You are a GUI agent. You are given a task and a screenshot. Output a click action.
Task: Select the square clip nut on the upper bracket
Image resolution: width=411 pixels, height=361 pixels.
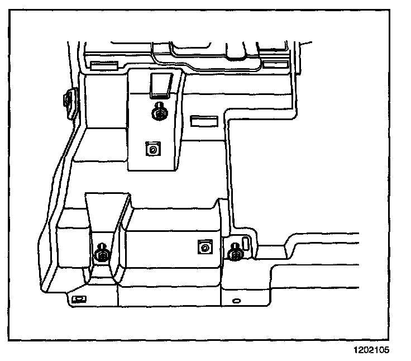pos(152,149)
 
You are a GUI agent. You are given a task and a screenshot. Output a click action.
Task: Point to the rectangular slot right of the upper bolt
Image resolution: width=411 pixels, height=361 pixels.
pos(203,121)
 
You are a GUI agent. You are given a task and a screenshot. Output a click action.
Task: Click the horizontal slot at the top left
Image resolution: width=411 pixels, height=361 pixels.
pos(103,66)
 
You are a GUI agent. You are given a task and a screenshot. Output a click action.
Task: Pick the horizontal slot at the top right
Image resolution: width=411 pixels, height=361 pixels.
pos(273,65)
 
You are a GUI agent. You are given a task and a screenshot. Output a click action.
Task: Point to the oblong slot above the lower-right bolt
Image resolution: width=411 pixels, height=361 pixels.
pos(245,244)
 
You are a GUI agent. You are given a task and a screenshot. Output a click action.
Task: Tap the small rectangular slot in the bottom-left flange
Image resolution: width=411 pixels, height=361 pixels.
pos(79,299)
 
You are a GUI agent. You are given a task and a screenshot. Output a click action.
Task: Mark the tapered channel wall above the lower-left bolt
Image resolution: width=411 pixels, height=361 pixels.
pos(108,215)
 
